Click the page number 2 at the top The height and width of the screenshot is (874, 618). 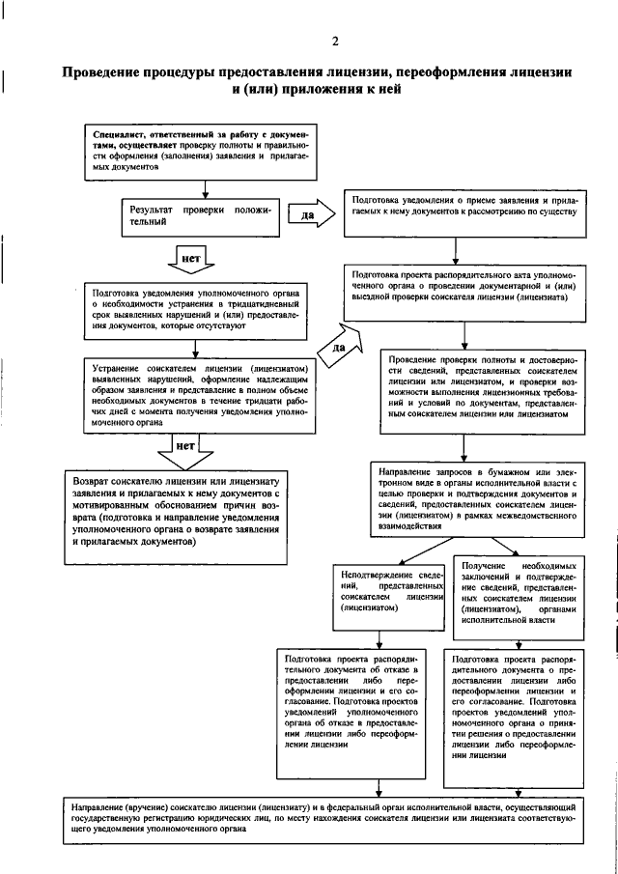pos(334,40)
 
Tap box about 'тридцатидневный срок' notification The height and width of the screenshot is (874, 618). pos(197,311)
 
